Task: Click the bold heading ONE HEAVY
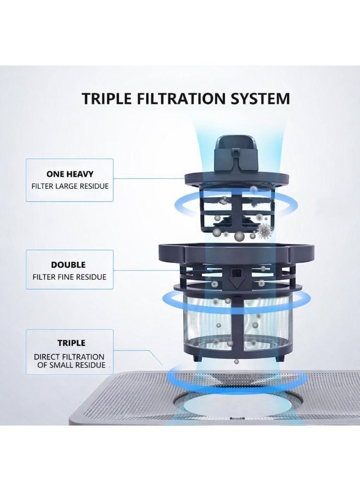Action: [x=70, y=174]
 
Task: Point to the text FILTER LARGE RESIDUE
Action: [x=70, y=186]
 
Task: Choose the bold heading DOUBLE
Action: [x=68, y=265]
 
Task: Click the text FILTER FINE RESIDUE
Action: [x=69, y=277]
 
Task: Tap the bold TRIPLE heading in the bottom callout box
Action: [x=71, y=343]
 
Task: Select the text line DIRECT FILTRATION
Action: [x=69, y=357]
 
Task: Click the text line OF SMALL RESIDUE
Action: [x=71, y=365]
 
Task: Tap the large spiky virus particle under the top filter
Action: [x=265, y=232]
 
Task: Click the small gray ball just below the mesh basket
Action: [x=236, y=362]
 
